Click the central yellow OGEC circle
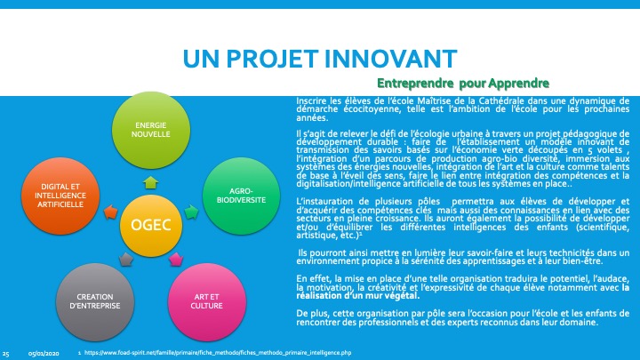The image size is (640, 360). pos(151,225)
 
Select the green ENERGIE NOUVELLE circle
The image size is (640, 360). pos(151,130)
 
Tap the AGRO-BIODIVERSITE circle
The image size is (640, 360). pos(241,196)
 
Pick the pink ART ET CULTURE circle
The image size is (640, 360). pos(207,301)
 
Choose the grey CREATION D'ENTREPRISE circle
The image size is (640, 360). pos(95,301)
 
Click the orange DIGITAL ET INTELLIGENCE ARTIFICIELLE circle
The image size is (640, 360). pos(60,196)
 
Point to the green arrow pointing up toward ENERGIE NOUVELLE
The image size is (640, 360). pos(151,182)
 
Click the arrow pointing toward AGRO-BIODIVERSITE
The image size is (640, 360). pos(191,212)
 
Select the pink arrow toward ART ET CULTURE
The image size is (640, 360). pos(176,260)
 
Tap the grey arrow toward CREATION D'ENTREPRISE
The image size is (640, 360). pos(126,260)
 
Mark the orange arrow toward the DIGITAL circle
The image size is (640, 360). pos(110,212)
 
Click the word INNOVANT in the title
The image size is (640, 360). pos(390,59)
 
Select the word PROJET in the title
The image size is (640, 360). pos(272,59)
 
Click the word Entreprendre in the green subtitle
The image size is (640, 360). pos(415,84)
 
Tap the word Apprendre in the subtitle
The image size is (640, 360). pos(519,84)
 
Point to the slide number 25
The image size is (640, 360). pos(5,354)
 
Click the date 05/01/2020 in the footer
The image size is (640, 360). pos(44,354)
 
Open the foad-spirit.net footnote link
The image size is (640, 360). pos(218,353)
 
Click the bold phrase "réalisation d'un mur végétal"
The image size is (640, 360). pos(357,296)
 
